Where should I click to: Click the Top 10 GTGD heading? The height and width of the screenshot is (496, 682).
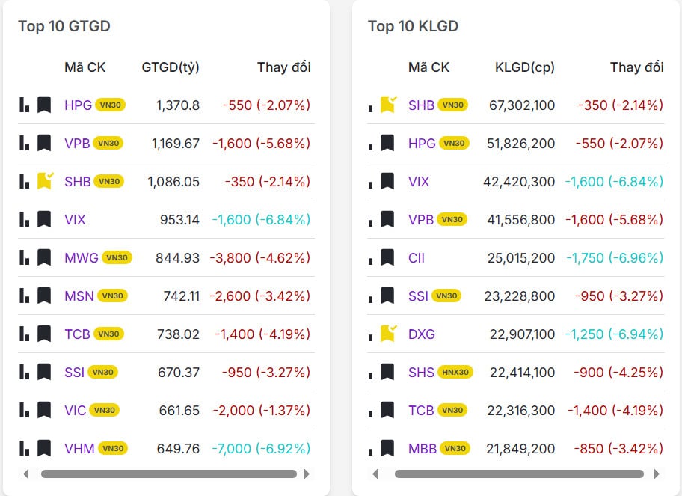pos(64,26)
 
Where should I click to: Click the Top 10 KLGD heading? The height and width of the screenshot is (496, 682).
pos(413,26)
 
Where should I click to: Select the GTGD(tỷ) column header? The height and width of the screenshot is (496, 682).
pos(170,67)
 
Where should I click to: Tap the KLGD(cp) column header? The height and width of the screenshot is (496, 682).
pos(525,67)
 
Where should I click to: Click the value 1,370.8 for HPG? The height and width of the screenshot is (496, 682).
pos(178,105)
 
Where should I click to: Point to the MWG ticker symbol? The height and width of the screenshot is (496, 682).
pos(82,257)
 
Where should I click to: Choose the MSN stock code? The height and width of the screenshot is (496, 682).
pos(79,296)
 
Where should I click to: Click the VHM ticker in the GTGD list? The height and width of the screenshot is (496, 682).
pos(79,448)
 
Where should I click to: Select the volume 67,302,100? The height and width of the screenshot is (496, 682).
pos(522,105)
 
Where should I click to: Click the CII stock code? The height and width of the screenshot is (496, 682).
pos(417,257)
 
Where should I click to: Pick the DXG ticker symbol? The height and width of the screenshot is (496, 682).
pos(422,334)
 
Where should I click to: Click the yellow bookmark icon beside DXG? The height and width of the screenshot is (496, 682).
pos(387,334)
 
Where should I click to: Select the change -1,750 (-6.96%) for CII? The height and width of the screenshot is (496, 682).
pos(614,257)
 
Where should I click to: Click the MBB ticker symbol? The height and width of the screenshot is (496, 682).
pos(423,448)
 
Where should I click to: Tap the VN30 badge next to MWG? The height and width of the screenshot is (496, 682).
pos(117,257)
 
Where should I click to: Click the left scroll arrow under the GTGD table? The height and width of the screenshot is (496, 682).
pos(26,474)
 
